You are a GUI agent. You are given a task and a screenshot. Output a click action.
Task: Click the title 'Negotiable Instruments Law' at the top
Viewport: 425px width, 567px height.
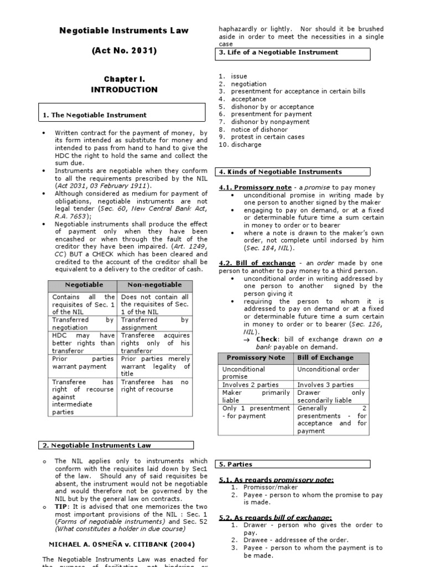point(124,30)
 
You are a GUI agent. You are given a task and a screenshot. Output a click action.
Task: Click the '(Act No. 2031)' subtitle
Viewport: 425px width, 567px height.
point(124,51)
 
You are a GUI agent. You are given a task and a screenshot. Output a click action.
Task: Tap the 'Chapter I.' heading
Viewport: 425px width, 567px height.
point(124,80)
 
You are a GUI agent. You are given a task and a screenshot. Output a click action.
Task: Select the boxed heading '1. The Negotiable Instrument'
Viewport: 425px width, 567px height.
point(95,115)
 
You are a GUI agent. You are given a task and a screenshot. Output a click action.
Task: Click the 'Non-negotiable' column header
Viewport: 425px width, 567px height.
point(154,285)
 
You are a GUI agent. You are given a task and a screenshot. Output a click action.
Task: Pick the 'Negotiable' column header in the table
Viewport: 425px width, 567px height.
point(84,285)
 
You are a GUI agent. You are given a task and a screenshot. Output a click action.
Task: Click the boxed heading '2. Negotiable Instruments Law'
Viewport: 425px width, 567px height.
point(97,445)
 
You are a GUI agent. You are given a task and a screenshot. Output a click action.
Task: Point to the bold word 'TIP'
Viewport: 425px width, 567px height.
point(61,507)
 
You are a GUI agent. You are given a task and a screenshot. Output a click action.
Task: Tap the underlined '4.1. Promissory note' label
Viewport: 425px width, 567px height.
point(255,188)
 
